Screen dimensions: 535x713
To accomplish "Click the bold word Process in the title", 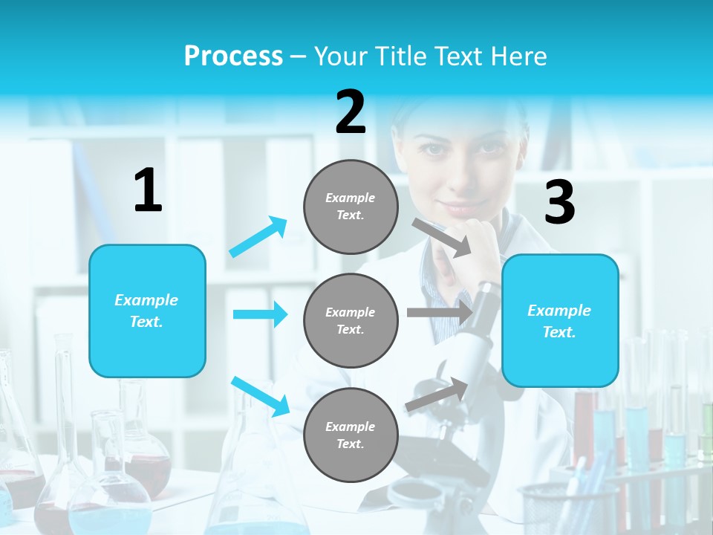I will (233, 56).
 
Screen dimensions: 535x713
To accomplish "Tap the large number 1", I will (148, 190).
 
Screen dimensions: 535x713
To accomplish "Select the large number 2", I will (351, 112).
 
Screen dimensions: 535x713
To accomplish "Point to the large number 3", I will (559, 203).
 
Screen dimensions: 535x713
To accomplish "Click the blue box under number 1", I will (147, 311).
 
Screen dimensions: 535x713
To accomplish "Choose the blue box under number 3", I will (560, 321).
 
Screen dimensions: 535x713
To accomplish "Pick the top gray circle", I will (351, 207).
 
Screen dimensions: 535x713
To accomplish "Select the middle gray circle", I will (351, 320).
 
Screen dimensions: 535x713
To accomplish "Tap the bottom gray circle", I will (351, 435).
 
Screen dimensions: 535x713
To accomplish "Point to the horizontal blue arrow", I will (260, 314).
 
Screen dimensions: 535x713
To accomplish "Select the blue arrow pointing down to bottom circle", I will (260, 395).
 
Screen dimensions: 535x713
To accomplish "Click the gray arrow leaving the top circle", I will (442, 237).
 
